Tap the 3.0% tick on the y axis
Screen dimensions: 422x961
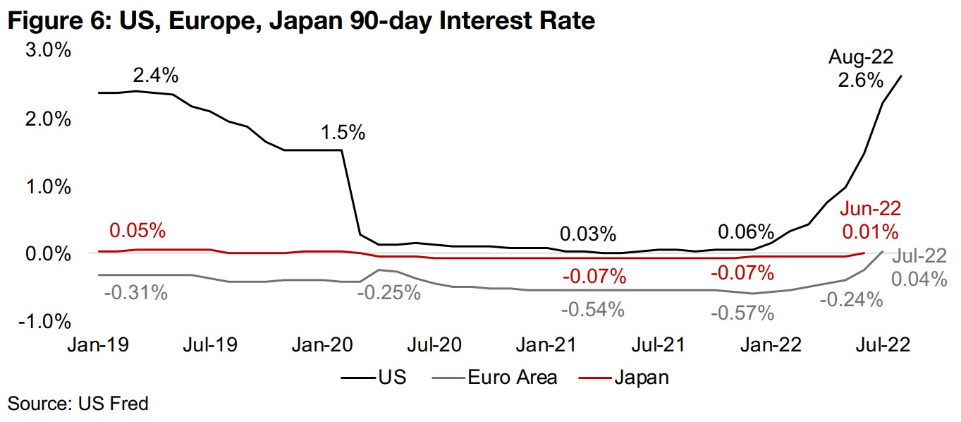point(47,51)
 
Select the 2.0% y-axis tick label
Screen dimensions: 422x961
point(47,119)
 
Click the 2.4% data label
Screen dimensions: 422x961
point(155,74)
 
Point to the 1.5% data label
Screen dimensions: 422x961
point(343,131)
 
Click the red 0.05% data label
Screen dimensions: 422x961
point(137,231)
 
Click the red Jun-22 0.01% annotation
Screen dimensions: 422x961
point(870,219)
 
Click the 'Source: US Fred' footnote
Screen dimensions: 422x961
point(78,404)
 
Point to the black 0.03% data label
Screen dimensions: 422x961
point(588,233)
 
